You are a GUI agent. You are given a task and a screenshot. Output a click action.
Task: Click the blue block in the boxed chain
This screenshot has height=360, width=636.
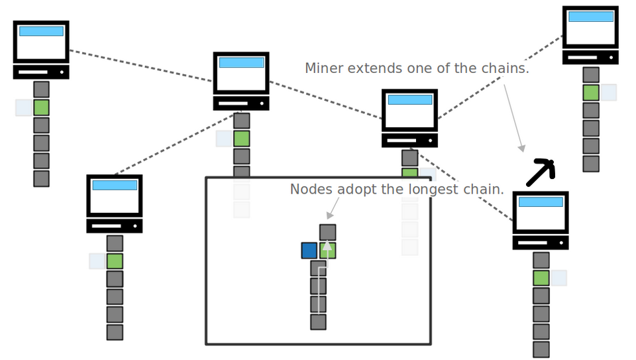[309, 251]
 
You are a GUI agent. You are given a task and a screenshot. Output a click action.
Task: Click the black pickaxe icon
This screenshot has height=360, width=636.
[541, 172]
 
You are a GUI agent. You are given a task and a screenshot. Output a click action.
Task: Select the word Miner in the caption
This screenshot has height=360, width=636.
[324, 68]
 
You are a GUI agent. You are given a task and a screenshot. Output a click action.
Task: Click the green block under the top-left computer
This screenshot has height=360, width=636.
[42, 107]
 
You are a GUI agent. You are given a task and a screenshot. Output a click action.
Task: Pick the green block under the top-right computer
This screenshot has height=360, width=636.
[591, 93]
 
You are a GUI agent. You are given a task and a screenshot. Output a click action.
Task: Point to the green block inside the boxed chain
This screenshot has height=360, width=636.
[328, 251]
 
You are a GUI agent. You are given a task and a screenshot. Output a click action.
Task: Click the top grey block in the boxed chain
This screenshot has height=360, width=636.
[328, 232]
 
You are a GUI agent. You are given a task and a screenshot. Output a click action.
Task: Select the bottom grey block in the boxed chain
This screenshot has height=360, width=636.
[319, 322]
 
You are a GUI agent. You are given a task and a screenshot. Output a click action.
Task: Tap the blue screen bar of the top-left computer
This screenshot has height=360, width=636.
[41, 31]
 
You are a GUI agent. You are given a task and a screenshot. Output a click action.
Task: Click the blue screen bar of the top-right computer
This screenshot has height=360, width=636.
[590, 17]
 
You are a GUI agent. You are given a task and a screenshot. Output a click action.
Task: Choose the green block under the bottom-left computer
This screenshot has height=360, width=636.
[115, 261]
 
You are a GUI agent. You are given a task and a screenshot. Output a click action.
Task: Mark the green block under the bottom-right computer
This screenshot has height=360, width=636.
[541, 278]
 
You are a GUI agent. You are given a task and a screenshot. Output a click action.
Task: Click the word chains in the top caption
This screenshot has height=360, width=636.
[506, 68]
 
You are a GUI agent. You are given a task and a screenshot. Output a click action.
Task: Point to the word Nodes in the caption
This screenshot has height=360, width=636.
[311, 190]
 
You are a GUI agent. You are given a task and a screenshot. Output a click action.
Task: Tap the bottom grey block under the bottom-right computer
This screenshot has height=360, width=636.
[541, 349]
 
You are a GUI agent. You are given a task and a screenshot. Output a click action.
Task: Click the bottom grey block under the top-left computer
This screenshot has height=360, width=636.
[42, 178]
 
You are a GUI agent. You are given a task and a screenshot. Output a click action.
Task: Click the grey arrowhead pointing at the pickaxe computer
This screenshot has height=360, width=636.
[521, 148]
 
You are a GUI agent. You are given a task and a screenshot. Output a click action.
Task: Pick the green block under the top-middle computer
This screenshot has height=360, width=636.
[242, 139]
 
